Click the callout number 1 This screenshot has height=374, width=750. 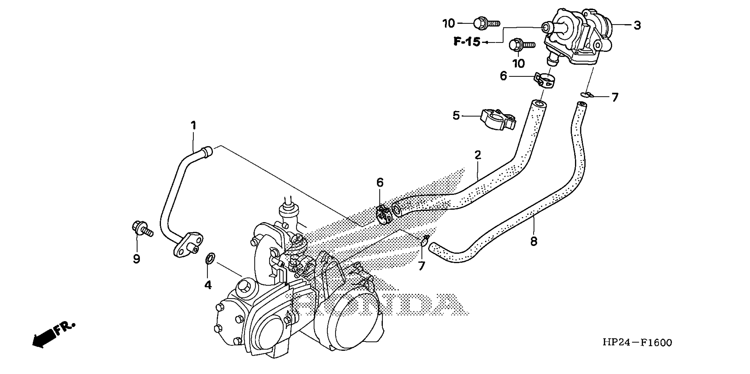[x=193, y=126]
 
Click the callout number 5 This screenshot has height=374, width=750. [x=456, y=116]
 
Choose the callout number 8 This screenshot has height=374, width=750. [x=534, y=241]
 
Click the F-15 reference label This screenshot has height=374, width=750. [x=467, y=42]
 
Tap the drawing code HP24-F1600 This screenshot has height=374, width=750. [x=637, y=343]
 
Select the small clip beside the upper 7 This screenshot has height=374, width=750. [x=586, y=94]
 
